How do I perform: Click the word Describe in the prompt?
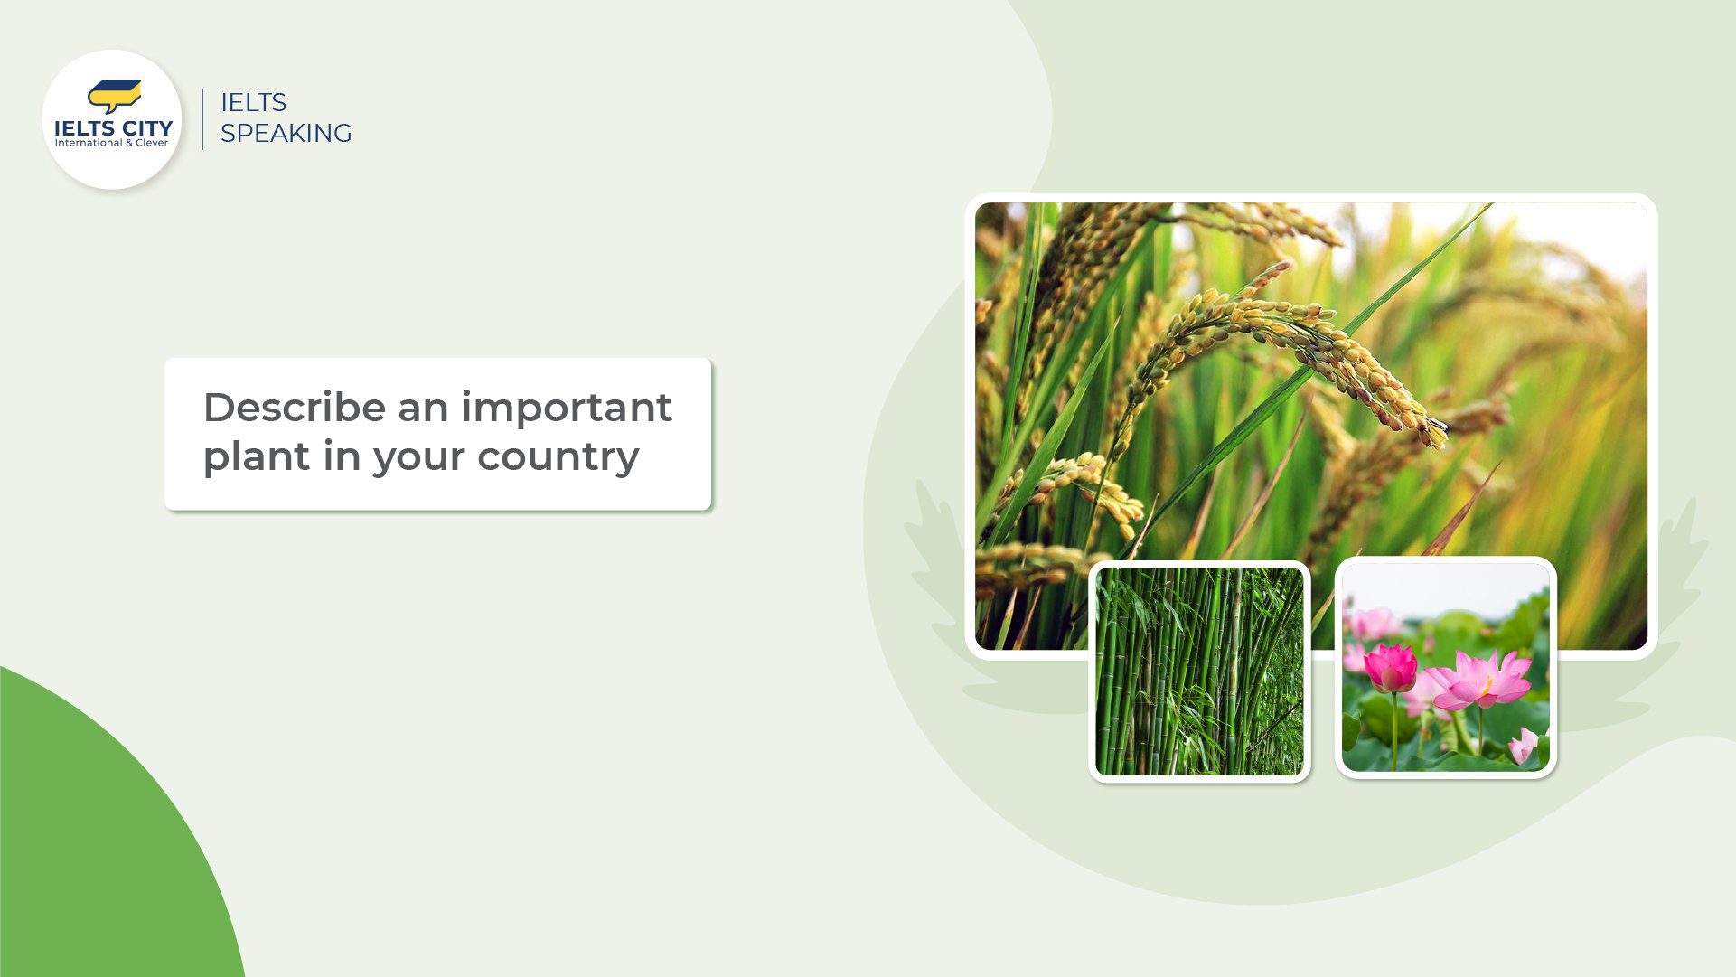(294, 408)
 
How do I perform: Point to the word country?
(558, 456)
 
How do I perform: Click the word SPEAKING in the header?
(286, 133)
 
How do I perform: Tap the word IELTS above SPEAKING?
(253, 102)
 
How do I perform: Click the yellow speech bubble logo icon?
(114, 95)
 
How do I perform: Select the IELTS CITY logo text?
(113, 128)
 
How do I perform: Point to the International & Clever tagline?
(111, 143)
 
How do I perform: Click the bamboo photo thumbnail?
(1199, 671)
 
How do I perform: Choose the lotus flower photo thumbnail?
(1445, 667)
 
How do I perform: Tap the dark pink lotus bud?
(1390, 668)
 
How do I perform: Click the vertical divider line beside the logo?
(202, 118)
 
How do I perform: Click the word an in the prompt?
(423, 408)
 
